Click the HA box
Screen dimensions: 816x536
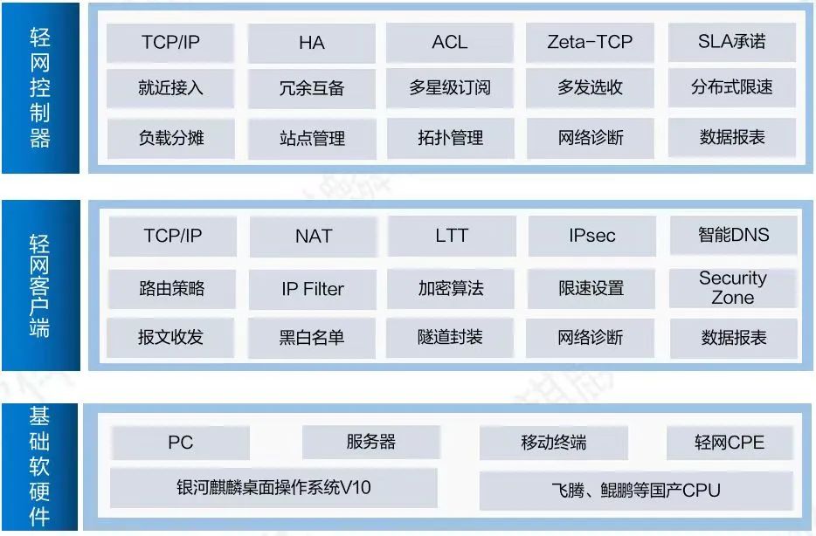click(312, 43)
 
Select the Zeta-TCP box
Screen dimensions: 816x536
click(590, 43)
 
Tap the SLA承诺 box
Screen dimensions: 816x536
click(732, 43)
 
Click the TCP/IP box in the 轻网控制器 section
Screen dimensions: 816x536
click(171, 43)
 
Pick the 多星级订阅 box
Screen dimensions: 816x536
click(450, 88)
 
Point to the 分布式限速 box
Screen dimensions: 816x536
click(732, 88)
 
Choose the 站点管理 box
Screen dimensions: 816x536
click(312, 138)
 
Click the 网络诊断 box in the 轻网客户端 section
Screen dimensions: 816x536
click(591, 337)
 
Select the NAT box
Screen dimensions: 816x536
click(313, 237)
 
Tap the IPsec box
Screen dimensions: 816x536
click(591, 237)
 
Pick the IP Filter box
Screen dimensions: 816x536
click(313, 288)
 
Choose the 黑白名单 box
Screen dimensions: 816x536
click(313, 337)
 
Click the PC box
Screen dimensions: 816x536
click(180, 443)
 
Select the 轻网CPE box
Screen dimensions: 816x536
click(729, 443)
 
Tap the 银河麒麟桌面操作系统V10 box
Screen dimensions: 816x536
click(273, 488)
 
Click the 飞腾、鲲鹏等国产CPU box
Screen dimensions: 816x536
click(635, 490)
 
